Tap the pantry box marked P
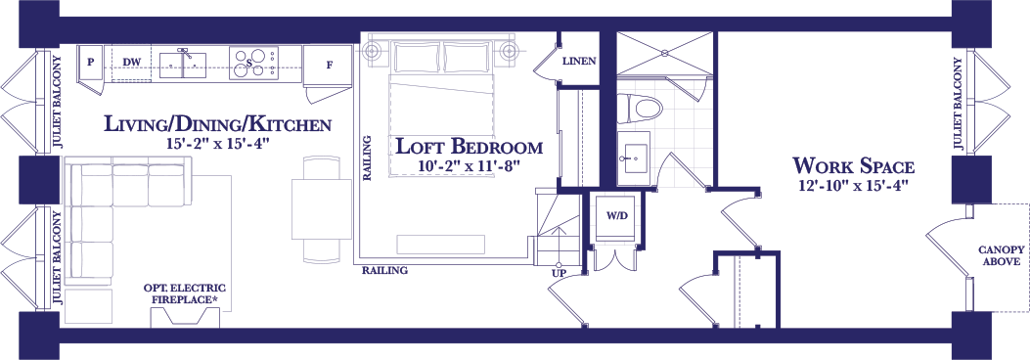click(91, 63)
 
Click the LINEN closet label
click(579, 62)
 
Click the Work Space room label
click(853, 165)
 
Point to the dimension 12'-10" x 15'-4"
click(853, 186)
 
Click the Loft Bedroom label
click(469, 146)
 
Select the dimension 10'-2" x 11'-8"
click(469, 165)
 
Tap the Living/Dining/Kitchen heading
click(217, 123)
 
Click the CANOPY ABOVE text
click(999, 255)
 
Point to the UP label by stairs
click(560, 273)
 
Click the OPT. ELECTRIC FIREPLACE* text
click(185, 293)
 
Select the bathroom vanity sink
click(633, 152)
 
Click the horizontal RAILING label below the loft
click(385, 270)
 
